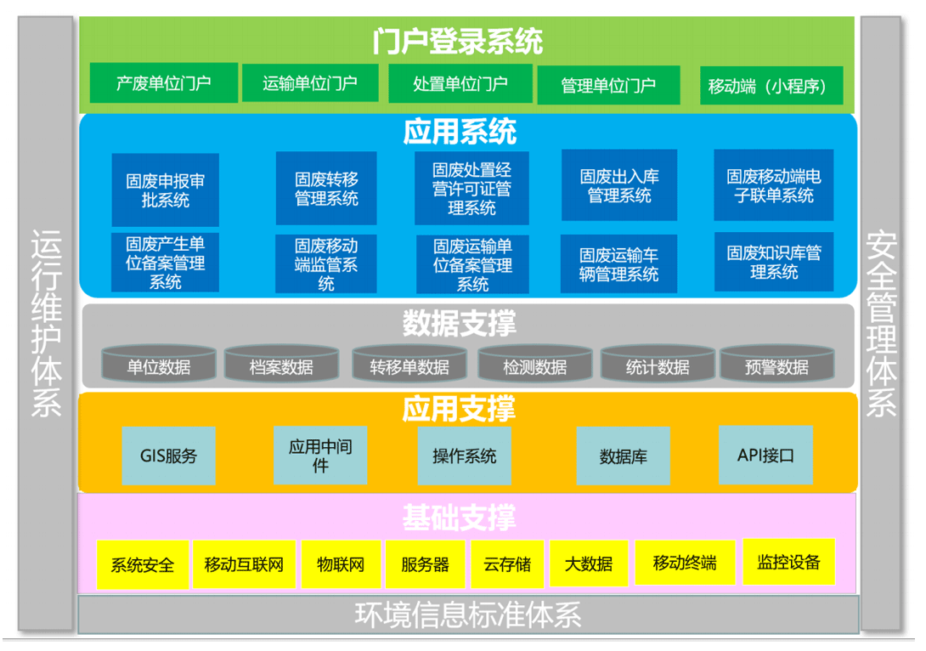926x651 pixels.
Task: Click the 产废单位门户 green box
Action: click(164, 83)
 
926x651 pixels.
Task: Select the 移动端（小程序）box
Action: click(771, 86)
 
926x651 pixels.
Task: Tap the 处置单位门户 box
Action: click(460, 84)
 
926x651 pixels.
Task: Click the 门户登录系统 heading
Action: click(458, 42)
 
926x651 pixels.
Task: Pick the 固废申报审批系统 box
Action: click(166, 190)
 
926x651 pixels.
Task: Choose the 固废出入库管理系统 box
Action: click(619, 185)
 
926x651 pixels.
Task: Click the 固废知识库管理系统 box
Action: click(774, 262)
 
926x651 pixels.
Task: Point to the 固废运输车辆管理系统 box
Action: click(618, 264)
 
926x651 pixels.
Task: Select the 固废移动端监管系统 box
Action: click(326, 264)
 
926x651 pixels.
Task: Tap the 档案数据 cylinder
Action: click(281, 363)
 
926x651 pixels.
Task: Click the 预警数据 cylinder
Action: click(776, 363)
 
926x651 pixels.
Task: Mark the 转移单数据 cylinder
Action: click(409, 363)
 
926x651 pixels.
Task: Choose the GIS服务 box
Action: click(168, 456)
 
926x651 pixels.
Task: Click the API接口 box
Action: click(765, 455)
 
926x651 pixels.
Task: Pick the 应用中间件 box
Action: click(320, 455)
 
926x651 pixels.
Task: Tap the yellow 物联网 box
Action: click(341, 564)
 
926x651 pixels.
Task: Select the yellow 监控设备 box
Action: click(788, 562)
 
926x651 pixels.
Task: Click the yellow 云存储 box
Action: click(507, 564)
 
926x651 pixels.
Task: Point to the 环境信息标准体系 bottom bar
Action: click(468, 614)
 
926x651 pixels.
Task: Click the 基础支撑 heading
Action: click(459, 518)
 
